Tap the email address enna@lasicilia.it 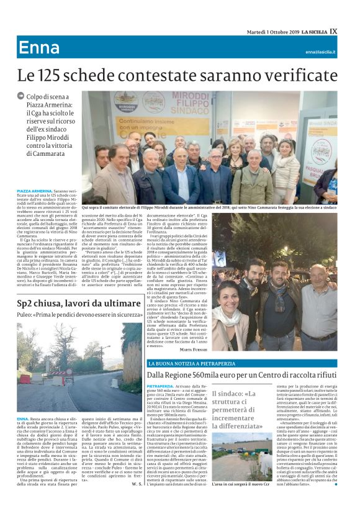point(320,52)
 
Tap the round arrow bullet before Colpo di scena point(21,96)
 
